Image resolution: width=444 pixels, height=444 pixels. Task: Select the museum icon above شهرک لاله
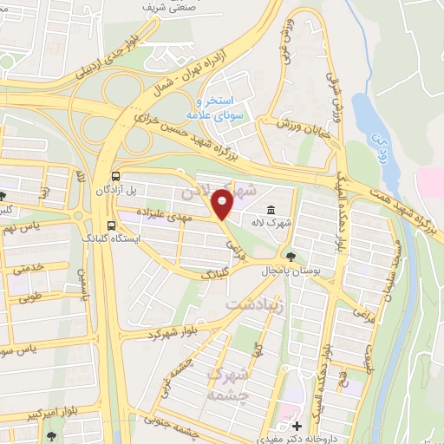click(x=271, y=211)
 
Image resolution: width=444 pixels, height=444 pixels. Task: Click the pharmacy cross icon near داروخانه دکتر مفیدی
click(x=298, y=426)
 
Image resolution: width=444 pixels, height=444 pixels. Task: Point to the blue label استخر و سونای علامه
click(x=206, y=108)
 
